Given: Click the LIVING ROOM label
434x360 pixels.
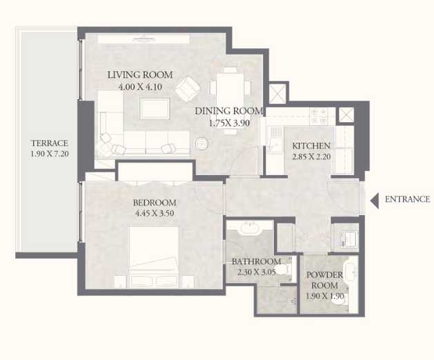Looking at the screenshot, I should (139, 75).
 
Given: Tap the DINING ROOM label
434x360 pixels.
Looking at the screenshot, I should (228, 111).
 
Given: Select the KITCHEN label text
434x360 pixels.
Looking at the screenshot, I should (311, 146).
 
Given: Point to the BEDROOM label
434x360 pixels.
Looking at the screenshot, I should (155, 203).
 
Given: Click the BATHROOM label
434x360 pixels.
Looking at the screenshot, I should (256, 262).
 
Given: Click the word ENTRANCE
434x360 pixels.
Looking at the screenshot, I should (407, 200).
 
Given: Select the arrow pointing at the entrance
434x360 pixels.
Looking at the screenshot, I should (375, 200).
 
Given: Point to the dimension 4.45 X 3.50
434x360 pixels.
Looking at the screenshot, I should (155, 214).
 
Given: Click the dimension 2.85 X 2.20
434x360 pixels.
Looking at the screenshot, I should (311, 157).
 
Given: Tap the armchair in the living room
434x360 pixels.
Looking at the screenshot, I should (186, 88).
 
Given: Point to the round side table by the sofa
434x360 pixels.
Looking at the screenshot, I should (201, 143).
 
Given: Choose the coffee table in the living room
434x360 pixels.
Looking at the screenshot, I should (155, 108).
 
